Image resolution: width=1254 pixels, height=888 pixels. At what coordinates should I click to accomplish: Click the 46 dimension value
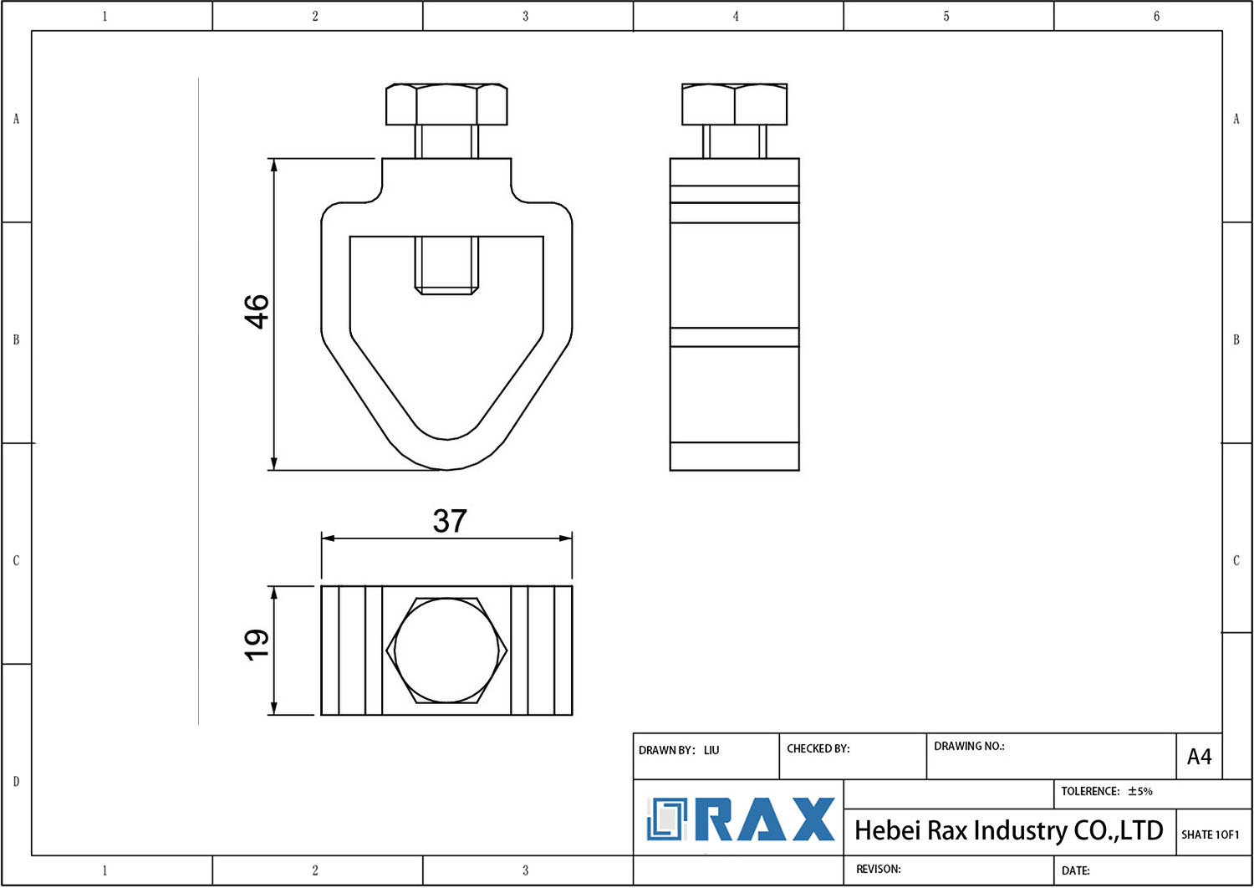(257, 311)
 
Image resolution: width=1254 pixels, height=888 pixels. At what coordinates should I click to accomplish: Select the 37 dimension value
(450, 521)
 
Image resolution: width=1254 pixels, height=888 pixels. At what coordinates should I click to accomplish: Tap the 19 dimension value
(257, 645)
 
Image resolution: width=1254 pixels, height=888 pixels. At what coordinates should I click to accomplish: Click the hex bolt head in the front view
(446, 105)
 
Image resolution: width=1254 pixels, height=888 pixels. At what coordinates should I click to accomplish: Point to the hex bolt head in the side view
(734, 105)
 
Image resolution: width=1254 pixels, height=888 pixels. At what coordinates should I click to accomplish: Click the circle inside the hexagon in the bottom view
(446, 651)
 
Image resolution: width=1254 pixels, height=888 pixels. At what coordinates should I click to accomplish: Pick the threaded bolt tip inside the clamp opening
(446, 265)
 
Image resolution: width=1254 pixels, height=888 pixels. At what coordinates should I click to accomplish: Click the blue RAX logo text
(765, 819)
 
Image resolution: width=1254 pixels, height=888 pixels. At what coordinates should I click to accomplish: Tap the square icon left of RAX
(666, 819)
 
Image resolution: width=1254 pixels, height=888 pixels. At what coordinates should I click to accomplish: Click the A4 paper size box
(1199, 757)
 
